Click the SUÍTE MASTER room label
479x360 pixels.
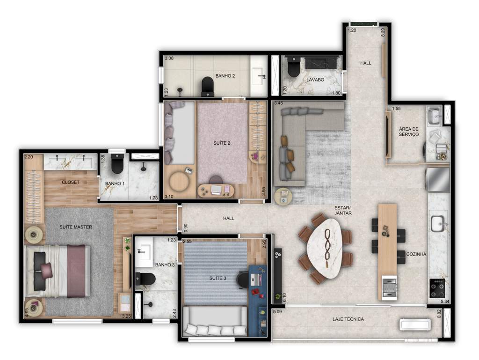pyautogui.click(x=75, y=227)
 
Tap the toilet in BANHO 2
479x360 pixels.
pyautogui.click(x=207, y=86)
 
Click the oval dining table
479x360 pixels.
pyautogui.click(x=328, y=249)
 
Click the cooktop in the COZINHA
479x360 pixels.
pyautogui.click(x=437, y=287)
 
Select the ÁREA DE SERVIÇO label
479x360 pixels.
pyautogui.click(x=408, y=132)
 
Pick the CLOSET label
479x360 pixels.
pyautogui.click(x=71, y=182)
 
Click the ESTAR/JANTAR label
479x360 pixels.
pyautogui.click(x=343, y=210)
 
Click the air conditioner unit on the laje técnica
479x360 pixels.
pyautogui.click(x=416, y=325)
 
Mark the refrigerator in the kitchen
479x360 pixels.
pyautogui.click(x=438, y=180)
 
